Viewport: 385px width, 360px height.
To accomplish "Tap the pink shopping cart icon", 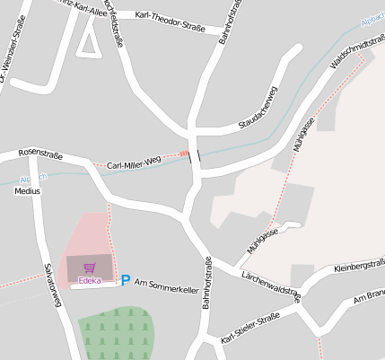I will (89, 268).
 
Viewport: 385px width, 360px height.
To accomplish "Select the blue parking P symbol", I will (126, 281).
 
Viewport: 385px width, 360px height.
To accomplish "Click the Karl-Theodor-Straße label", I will (169, 16).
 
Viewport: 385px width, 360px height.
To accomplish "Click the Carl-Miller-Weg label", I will (133, 162).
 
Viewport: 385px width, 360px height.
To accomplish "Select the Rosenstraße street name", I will (40, 154).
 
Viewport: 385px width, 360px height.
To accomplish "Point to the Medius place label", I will (28, 191).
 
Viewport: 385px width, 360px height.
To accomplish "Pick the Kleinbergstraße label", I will (358, 267).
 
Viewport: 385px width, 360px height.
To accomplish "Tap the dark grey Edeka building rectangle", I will (90, 268).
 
